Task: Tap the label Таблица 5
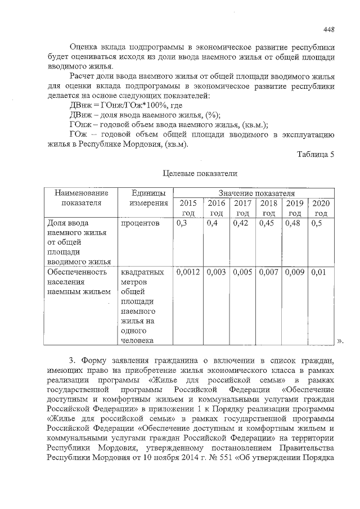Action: click(316, 155)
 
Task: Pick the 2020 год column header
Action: click(321, 208)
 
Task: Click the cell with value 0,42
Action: click(241, 224)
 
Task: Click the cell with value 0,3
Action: click(182, 224)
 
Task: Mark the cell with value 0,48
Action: click(294, 224)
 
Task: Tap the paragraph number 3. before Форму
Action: click(72, 361)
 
